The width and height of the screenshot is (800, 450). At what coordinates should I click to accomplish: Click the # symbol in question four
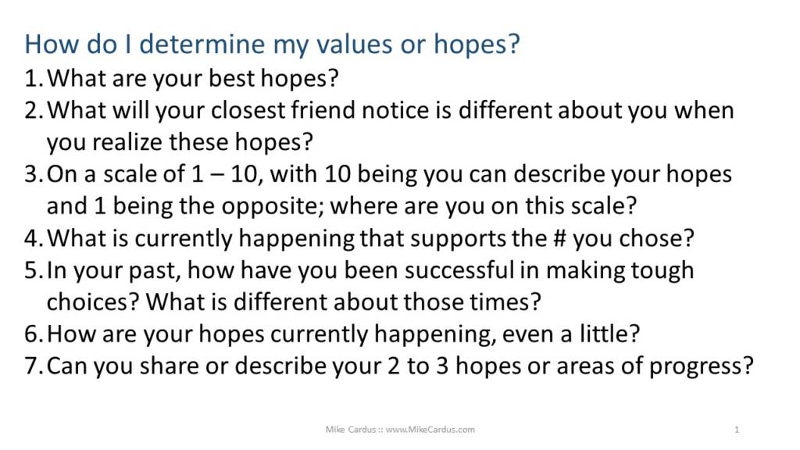(559, 238)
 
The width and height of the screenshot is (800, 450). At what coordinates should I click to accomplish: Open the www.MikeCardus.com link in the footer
(430, 430)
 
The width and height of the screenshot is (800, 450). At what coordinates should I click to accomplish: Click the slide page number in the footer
(737, 430)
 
